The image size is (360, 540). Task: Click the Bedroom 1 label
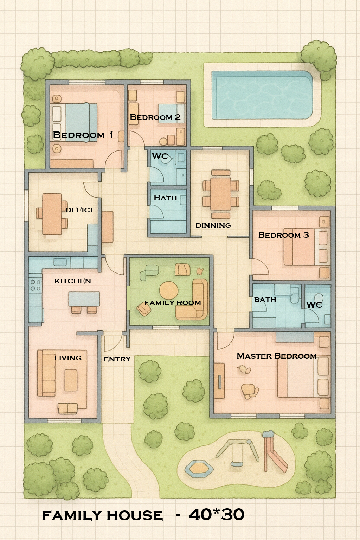pyautogui.click(x=83, y=135)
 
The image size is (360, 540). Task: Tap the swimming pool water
pyautogui.click(x=262, y=95)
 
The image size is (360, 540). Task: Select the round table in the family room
pyautogui.click(x=169, y=290)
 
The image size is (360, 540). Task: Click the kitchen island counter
pyautogui.click(x=84, y=299)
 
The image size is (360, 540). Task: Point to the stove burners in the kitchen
pyautogui.click(x=35, y=285)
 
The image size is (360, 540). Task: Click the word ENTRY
pyautogui.click(x=117, y=359)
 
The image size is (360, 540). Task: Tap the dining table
pyautogui.click(x=221, y=194)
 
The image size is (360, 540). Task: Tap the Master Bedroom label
pyautogui.click(x=277, y=356)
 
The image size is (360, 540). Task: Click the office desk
pyautogui.click(x=52, y=214)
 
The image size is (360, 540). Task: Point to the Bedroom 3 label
pyautogui.click(x=283, y=235)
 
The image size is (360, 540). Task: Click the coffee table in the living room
pyautogui.click(x=71, y=380)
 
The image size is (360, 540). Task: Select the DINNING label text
pyautogui.click(x=213, y=225)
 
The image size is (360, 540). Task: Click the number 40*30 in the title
pyautogui.click(x=216, y=515)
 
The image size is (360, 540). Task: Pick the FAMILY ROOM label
pyautogui.click(x=173, y=303)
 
